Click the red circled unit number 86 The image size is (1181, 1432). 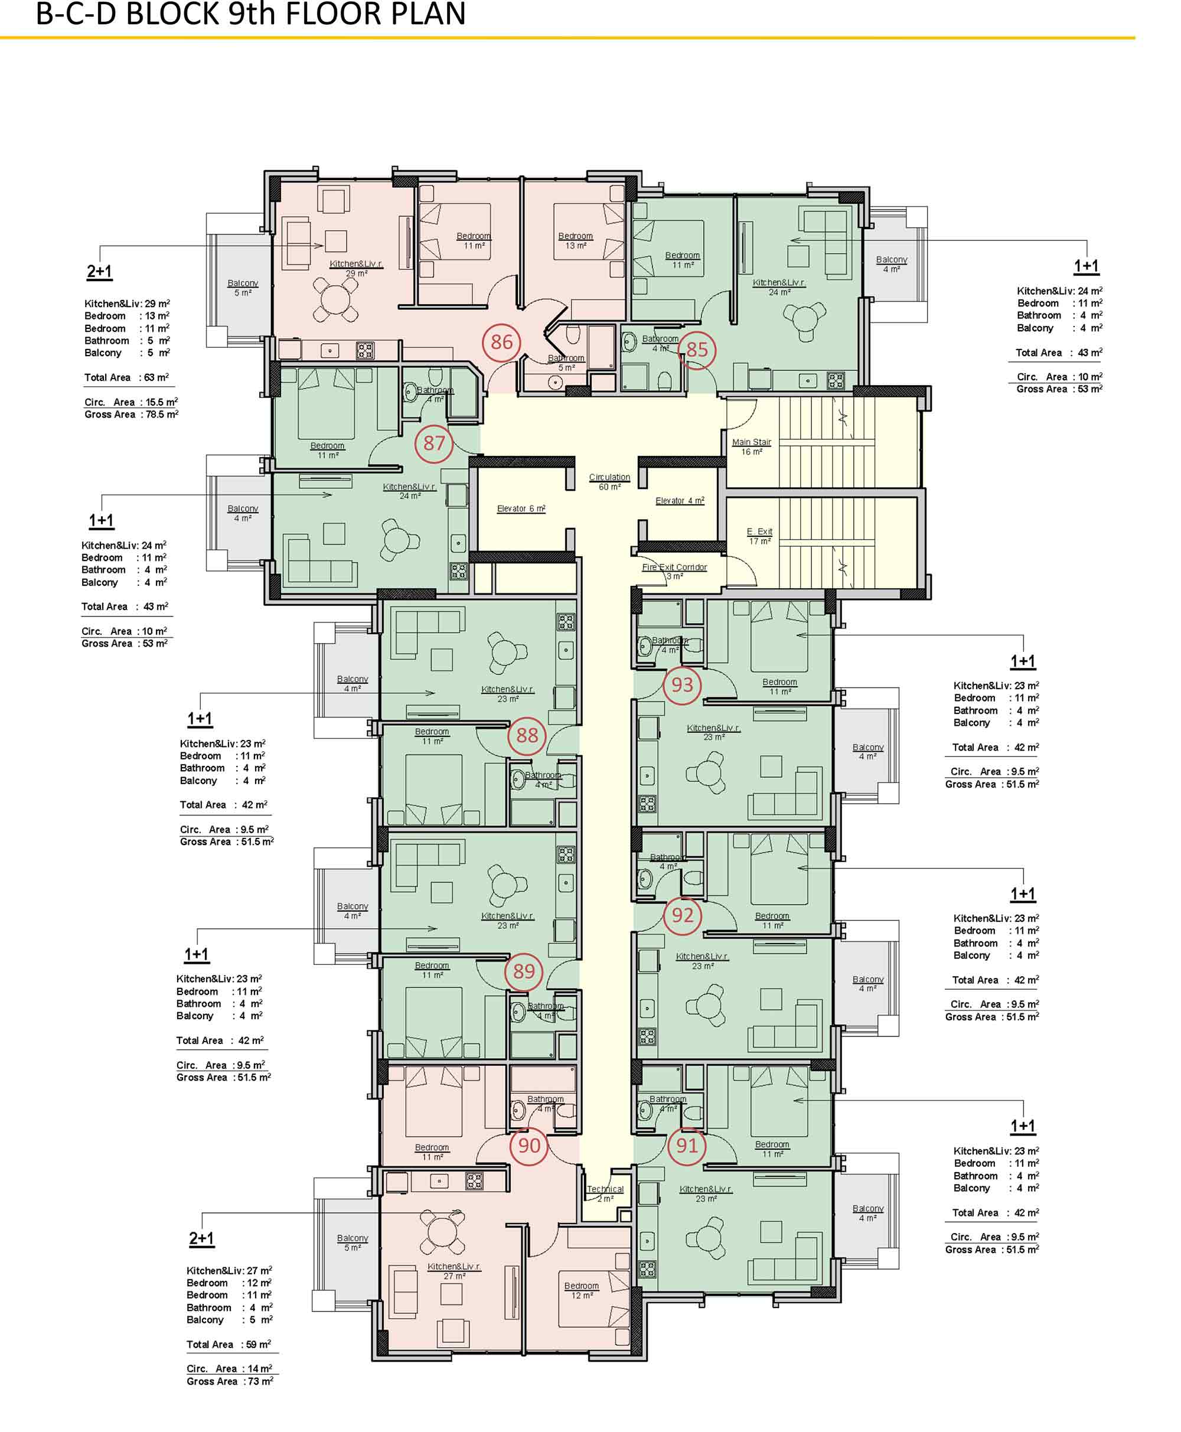(501, 341)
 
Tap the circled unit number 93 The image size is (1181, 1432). (683, 684)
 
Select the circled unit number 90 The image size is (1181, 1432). (528, 1146)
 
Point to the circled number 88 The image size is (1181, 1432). (527, 735)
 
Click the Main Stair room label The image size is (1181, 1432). (751, 446)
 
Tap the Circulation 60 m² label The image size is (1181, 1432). (609, 482)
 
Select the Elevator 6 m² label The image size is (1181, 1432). (521, 508)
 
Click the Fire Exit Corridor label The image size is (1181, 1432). (674, 572)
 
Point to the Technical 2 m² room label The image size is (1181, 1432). (605, 1193)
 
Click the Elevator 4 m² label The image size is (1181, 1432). (680, 500)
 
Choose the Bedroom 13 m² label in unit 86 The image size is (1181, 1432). (576, 240)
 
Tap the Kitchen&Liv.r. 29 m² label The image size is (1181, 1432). (356, 268)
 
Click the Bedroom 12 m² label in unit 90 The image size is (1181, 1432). (581, 1290)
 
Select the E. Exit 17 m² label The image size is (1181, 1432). (759, 536)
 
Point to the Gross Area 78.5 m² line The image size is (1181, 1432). (131, 415)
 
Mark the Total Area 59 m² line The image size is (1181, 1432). (229, 1344)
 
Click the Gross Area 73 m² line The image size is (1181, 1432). (230, 1381)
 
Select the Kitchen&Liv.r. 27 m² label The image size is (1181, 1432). (454, 1271)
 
